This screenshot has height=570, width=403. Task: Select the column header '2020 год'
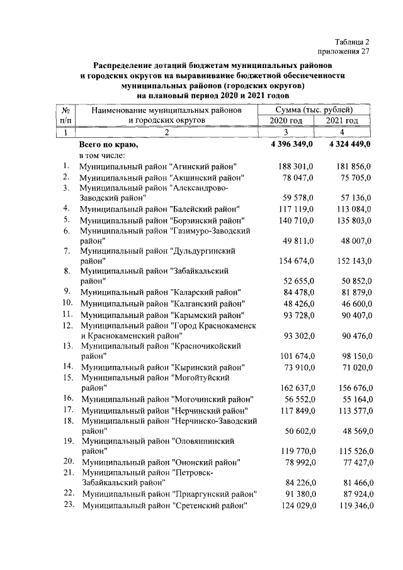pyautogui.click(x=287, y=120)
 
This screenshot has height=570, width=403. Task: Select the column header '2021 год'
pyautogui.click(x=342, y=120)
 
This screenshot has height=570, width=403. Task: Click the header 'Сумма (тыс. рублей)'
pyautogui.click(x=314, y=110)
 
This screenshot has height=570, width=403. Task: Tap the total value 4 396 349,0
pyautogui.click(x=293, y=144)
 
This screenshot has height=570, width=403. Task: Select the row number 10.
pyautogui.click(x=68, y=303)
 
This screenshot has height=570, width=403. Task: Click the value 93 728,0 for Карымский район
pyautogui.click(x=298, y=314)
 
